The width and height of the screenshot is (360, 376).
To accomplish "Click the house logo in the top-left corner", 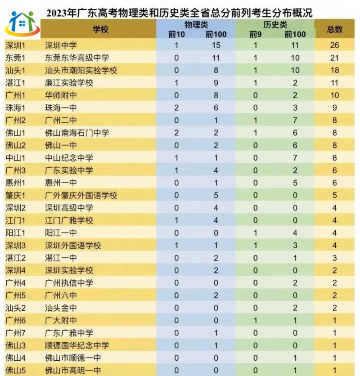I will pos(22,25).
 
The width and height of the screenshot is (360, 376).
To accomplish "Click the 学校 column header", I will pos(100,29).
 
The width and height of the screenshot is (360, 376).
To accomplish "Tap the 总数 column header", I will pos(334,29).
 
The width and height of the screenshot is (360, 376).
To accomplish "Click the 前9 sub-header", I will pos(256,34).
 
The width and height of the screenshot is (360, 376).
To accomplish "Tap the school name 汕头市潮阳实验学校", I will pos(81,71).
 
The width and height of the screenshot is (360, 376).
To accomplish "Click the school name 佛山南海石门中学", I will pos(77,133).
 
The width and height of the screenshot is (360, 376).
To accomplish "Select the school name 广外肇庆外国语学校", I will pos(81,195).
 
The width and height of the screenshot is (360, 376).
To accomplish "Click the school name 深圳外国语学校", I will pos(73,246).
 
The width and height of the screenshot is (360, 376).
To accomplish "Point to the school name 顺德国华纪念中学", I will pos(77,345).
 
